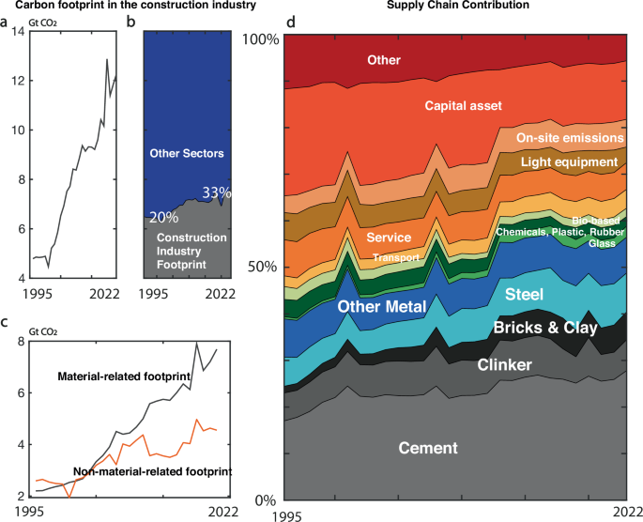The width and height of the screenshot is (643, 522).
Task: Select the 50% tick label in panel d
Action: point(264,267)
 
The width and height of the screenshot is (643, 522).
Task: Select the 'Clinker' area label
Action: point(505,364)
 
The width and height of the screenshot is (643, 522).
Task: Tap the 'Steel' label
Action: point(551,295)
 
